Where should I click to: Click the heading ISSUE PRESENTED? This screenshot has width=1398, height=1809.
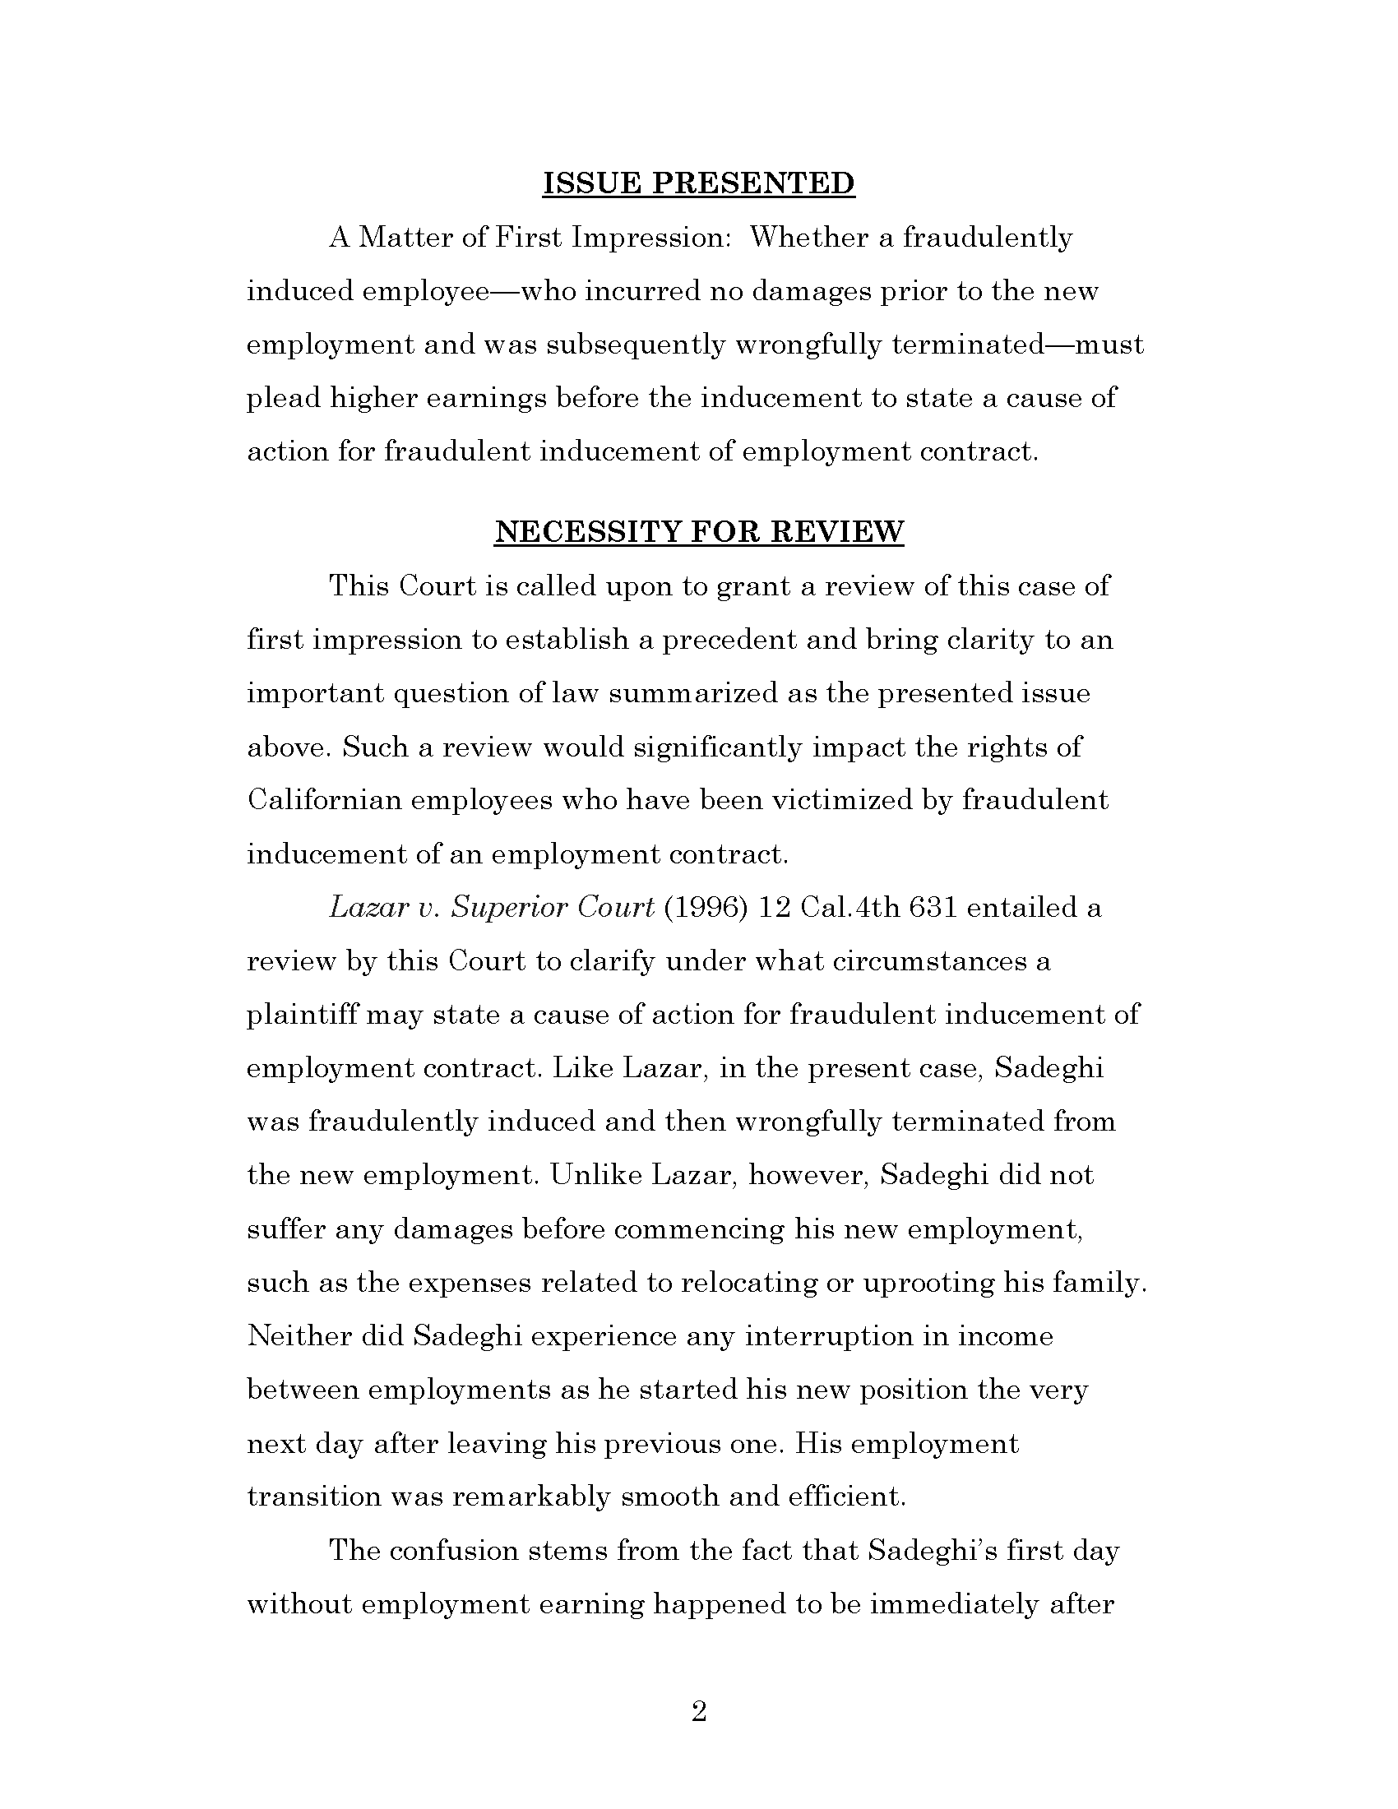[698, 183]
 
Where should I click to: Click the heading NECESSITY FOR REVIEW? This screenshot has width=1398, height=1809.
[698, 531]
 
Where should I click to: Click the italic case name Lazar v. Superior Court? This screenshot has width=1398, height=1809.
[492, 908]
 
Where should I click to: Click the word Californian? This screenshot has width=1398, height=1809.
[324, 800]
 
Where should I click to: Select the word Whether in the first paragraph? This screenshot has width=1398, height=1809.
[808, 238]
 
